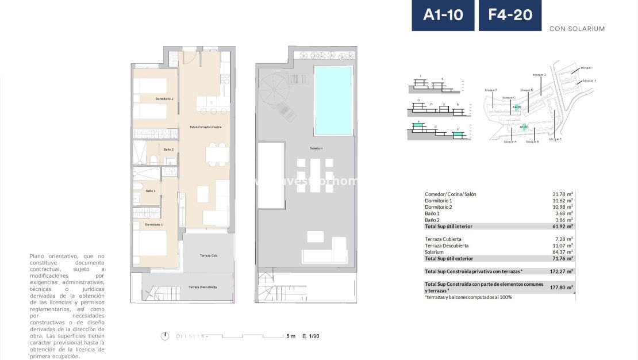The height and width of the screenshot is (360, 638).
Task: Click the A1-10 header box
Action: click(443, 16)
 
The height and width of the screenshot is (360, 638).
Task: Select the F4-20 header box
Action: click(510, 16)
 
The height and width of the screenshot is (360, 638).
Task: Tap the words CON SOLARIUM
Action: click(577, 29)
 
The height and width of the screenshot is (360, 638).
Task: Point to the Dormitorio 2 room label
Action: click(164, 99)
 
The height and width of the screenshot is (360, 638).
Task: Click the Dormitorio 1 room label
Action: click(153, 224)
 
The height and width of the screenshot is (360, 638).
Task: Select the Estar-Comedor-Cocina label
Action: click(205, 127)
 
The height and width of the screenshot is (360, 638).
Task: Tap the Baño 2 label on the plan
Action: click(152, 150)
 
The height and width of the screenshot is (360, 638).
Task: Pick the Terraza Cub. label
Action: click(208, 255)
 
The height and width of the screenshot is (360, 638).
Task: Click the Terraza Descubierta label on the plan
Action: click(203, 287)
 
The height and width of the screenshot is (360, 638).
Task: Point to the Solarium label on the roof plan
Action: click(316, 148)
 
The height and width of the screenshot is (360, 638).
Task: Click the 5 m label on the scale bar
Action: click(291, 336)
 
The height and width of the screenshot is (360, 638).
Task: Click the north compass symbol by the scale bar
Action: click(166, 336)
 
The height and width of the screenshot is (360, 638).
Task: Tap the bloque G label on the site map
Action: click(539, 75)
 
